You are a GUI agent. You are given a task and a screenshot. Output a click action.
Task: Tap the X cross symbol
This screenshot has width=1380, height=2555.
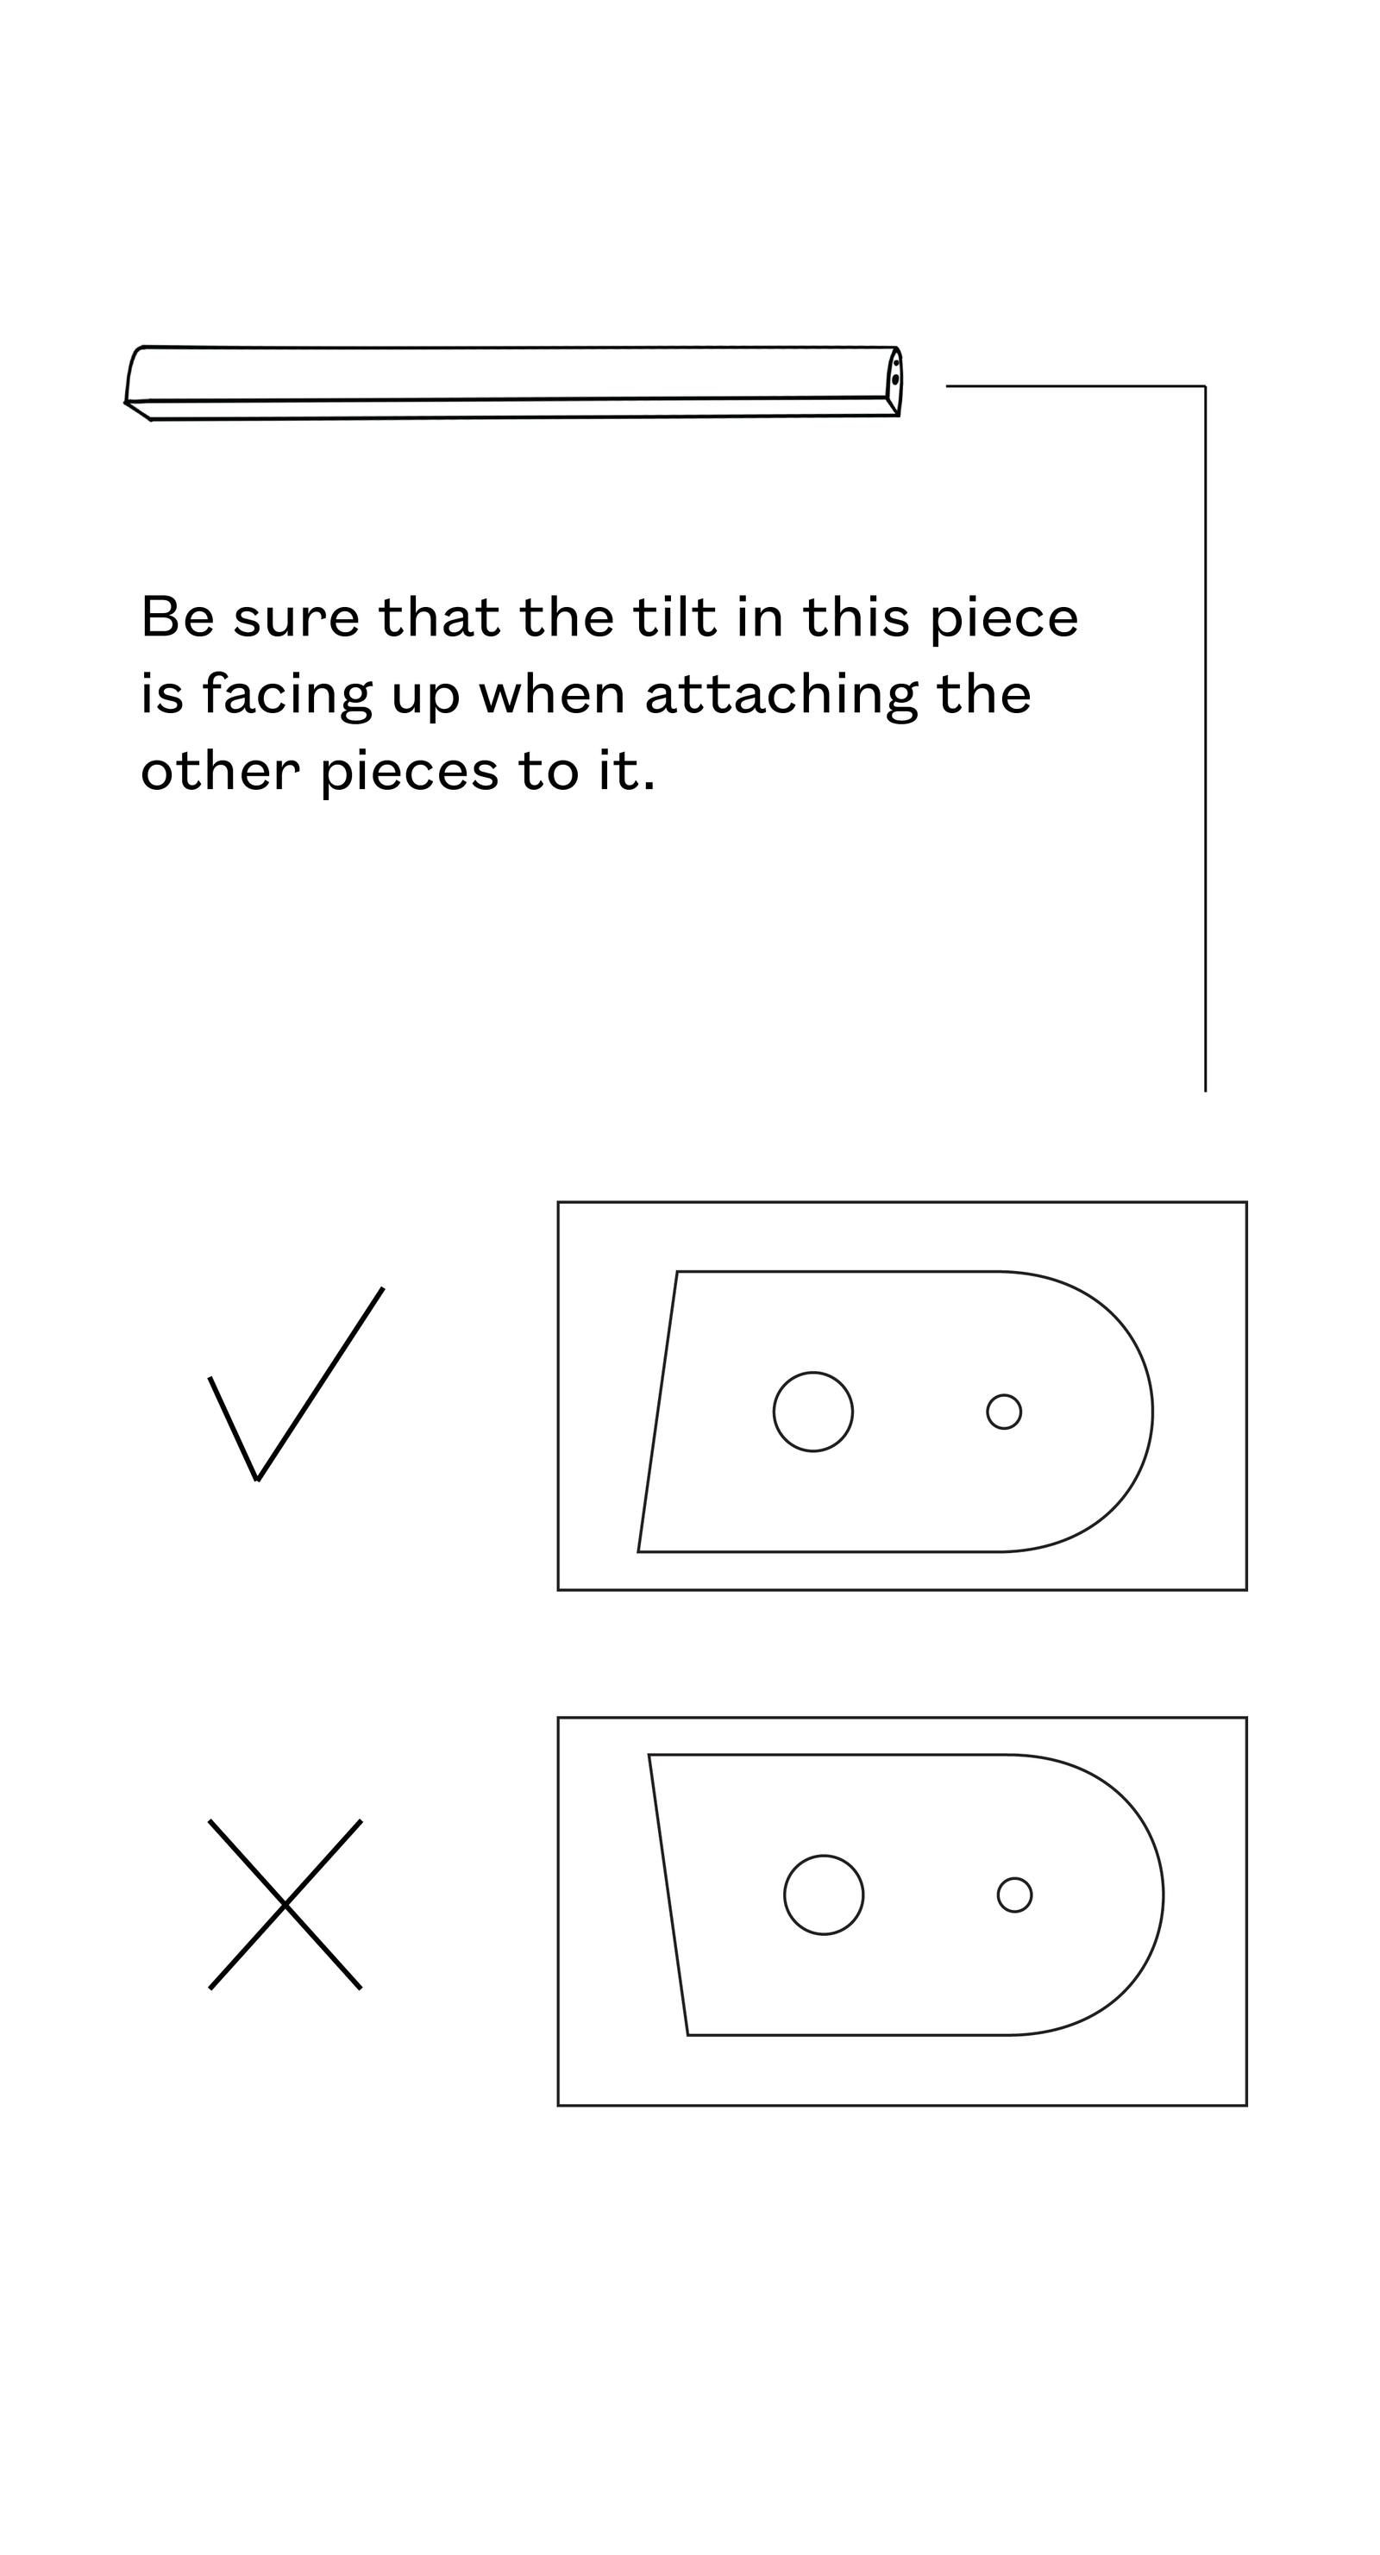(x=285, y=1904)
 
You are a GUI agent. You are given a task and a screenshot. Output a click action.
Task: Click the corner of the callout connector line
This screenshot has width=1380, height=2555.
(x=1206, y=385)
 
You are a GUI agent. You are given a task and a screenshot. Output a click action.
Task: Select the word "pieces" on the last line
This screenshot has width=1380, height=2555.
(x=410, y=773)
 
